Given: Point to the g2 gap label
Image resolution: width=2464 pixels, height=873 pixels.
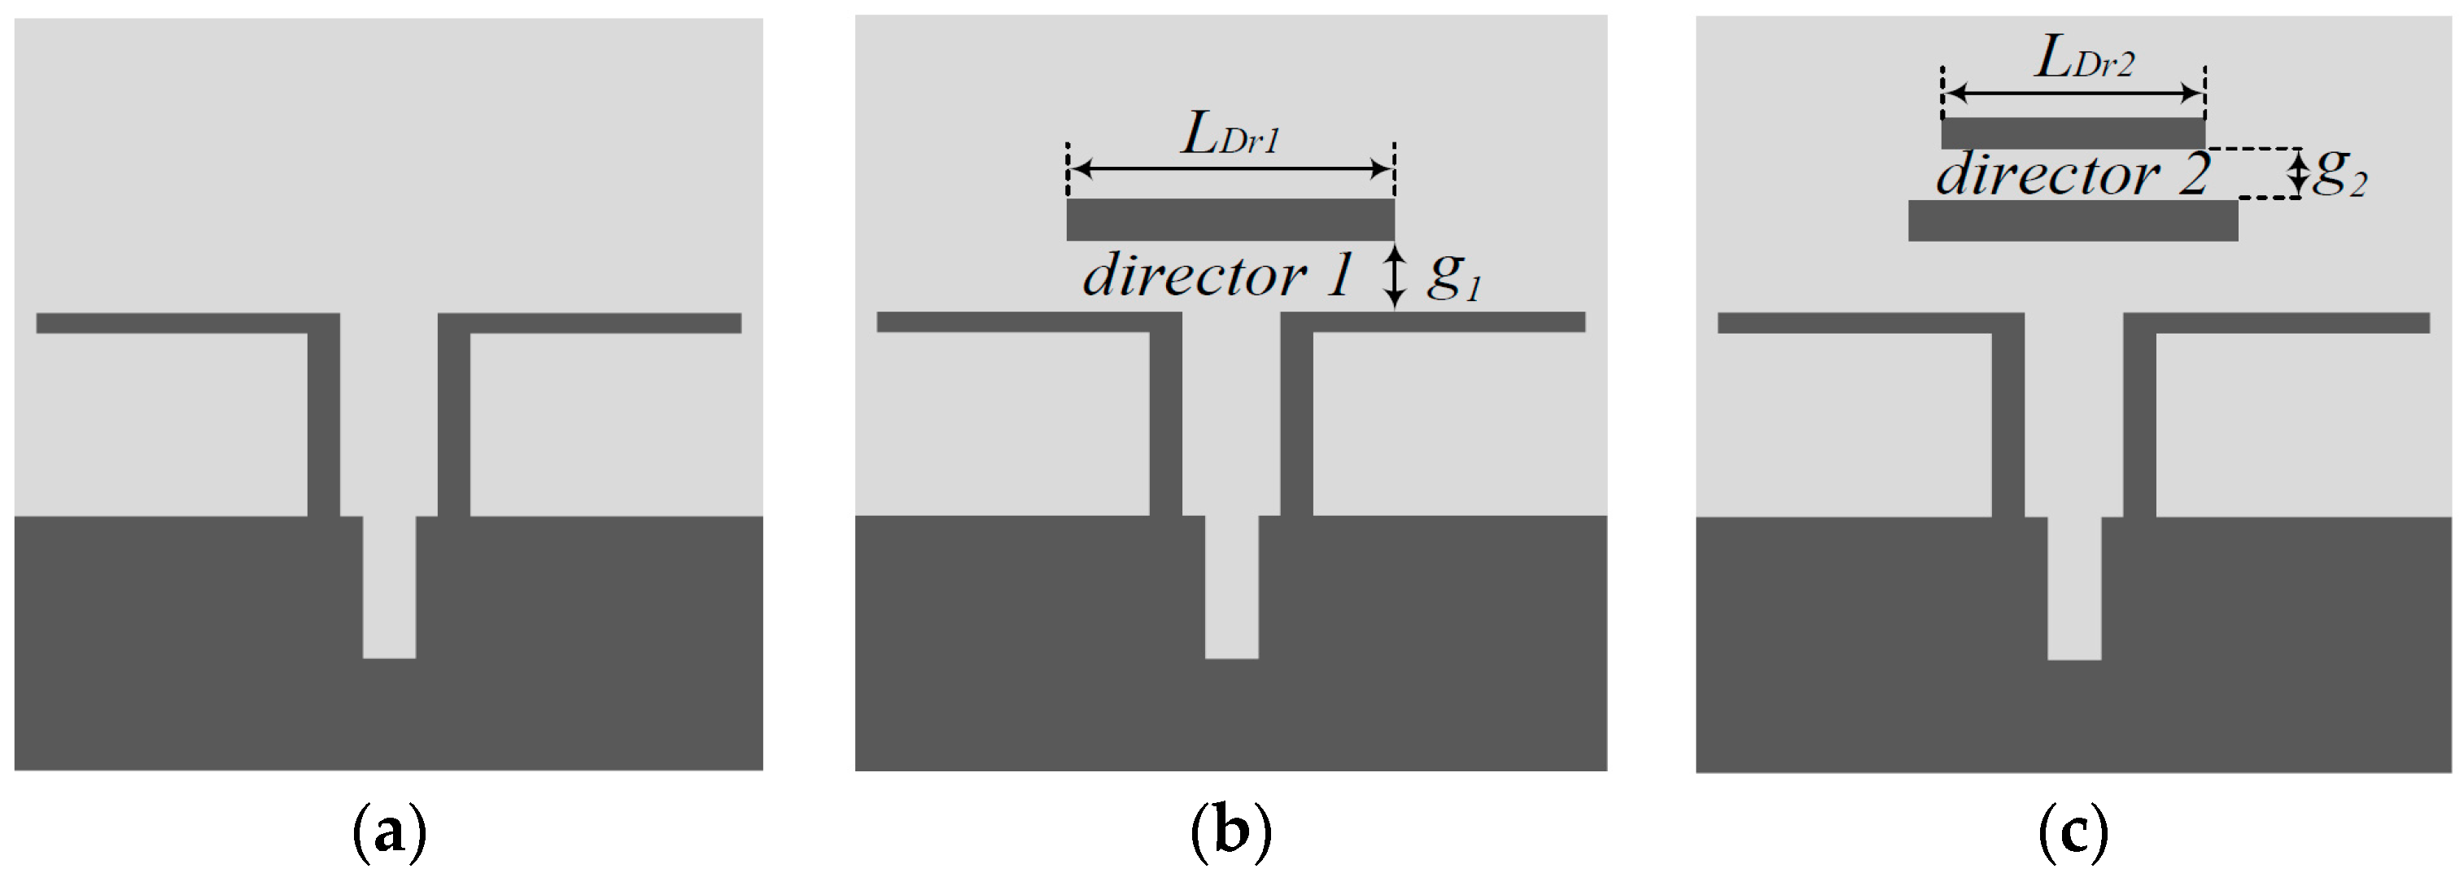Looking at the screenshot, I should pos(2339,176).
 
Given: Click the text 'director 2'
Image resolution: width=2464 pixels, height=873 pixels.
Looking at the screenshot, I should pos(2072,176).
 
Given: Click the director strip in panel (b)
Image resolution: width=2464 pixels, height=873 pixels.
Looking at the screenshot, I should pos(1230,220).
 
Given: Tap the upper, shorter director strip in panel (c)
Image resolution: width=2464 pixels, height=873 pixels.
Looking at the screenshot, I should pos(2073,133).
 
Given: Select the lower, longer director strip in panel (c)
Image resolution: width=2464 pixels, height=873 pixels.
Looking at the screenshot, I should pos(2073,220).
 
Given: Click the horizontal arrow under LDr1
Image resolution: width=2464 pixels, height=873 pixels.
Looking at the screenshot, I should pos(1231,170).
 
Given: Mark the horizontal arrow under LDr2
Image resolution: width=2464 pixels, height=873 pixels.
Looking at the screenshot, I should pos(2073,94).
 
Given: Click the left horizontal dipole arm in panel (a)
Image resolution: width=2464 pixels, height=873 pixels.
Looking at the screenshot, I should pos(173,323).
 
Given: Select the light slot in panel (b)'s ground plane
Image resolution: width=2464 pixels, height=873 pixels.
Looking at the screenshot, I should pos(1231,587).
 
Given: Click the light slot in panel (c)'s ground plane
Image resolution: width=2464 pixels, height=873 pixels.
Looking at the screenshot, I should pos(2073,588).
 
